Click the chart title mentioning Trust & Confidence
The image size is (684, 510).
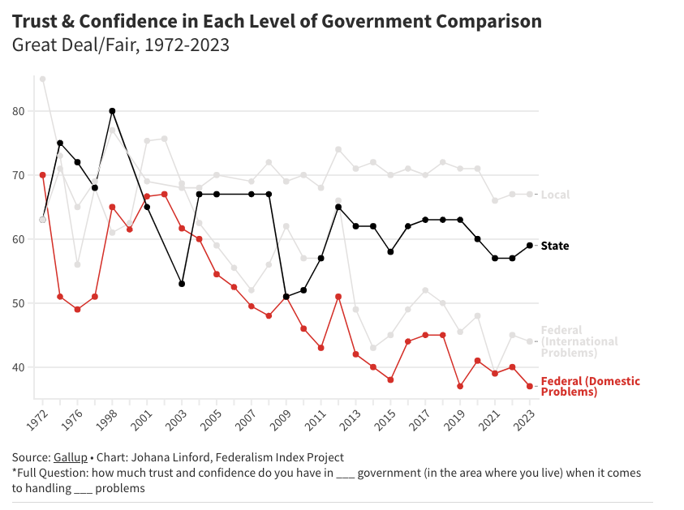pos(277,21)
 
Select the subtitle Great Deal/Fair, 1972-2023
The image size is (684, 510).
pos(121,45)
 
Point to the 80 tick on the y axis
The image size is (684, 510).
pos(20,111)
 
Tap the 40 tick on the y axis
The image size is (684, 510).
pos(20,367)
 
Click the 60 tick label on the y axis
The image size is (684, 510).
pos(20,239)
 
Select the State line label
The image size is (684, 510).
pos(555,246)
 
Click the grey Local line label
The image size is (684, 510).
pos(556,195)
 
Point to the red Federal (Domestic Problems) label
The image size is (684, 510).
pos(590,387)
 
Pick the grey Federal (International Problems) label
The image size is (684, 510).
pos(579,341)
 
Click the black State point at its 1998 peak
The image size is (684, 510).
pos(112,111)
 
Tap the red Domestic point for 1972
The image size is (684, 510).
pos(42,175)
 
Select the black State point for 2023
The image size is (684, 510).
pos(530,245)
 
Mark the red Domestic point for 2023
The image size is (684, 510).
pos(530,386)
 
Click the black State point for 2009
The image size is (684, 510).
pos(286,297)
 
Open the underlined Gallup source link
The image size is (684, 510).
pos(70,457)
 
